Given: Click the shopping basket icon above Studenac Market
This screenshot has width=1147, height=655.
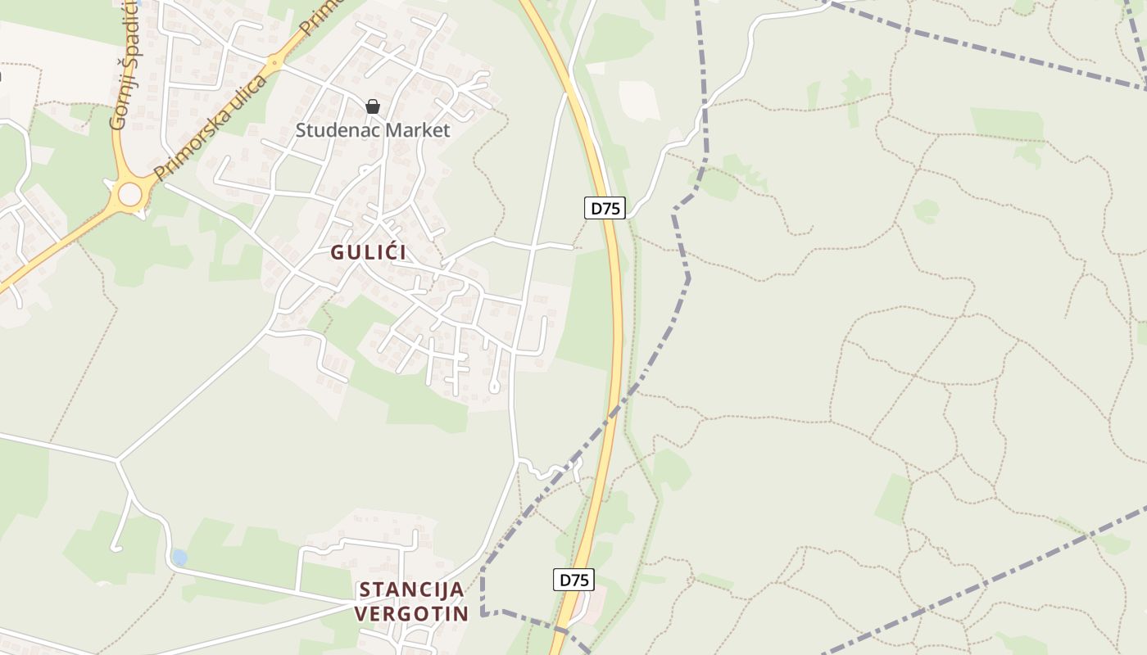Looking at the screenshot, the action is tap(373, 106).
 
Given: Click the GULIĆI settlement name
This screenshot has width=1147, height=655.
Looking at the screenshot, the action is tap(369, 252).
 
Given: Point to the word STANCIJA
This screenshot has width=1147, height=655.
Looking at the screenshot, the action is tap(412, 589).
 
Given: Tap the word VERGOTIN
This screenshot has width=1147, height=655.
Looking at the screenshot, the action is tap(412, 614).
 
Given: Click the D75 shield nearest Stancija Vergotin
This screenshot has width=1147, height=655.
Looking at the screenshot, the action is tap(573, 580).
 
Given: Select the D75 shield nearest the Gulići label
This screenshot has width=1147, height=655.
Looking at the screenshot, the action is tap(605, 208).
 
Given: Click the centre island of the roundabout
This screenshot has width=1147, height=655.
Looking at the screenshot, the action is tap(130, 195).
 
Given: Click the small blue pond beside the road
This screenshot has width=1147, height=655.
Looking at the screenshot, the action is tap(179, 558).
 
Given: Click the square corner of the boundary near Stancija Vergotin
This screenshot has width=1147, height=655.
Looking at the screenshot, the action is tap(483, 612).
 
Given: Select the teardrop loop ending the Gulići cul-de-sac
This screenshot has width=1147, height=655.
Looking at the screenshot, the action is tap(494, 385).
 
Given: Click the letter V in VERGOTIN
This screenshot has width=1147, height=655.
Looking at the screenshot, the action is tap(362, 614).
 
